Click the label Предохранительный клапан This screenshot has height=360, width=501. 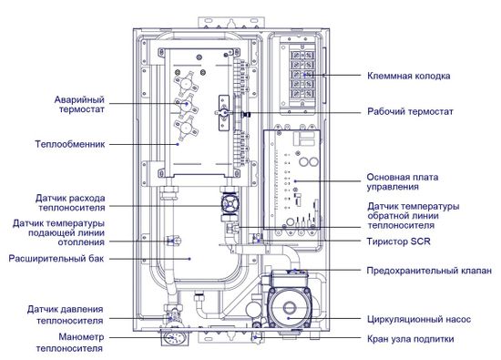coord(428,270)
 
